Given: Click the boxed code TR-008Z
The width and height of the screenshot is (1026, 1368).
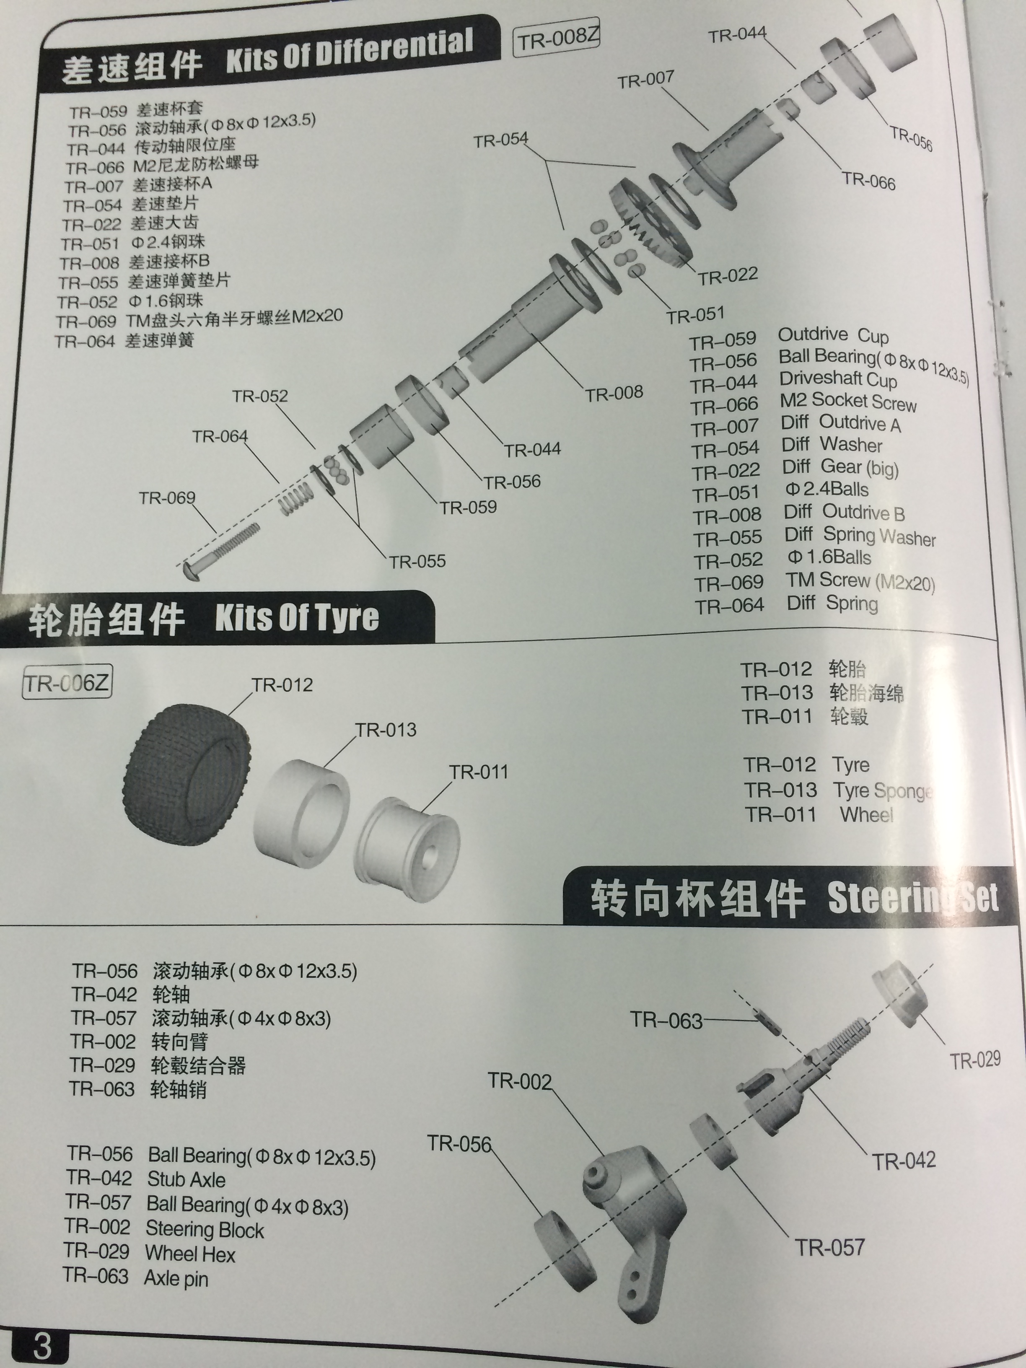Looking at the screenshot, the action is pyautogui.click(x=557, y=38).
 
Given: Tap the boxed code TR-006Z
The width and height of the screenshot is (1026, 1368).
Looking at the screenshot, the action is pyautogui.click(x=67, y=683).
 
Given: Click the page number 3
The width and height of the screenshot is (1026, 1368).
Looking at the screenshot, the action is pyautogui.click(x=41, y=1346).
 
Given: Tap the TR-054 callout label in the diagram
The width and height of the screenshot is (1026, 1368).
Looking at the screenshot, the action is pyautogui.click(x=501, y=140).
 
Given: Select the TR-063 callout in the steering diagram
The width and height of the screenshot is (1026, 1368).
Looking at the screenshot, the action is pyautogui.click(x=666, y=1020).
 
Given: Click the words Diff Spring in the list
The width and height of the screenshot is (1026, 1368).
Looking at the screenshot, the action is pyautogui.click(x=832, y=602).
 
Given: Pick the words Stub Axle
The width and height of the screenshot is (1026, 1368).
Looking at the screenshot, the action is pyautogui.click(x=186, y=1179).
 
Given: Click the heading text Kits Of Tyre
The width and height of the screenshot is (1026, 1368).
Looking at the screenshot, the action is pyautogui.click(x=297, y=618).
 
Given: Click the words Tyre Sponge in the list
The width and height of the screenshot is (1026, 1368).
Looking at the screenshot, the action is pyautogui.click(x=882, y=790).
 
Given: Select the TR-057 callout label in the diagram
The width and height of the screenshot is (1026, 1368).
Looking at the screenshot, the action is pyautogui.click(x=829, y=1247).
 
